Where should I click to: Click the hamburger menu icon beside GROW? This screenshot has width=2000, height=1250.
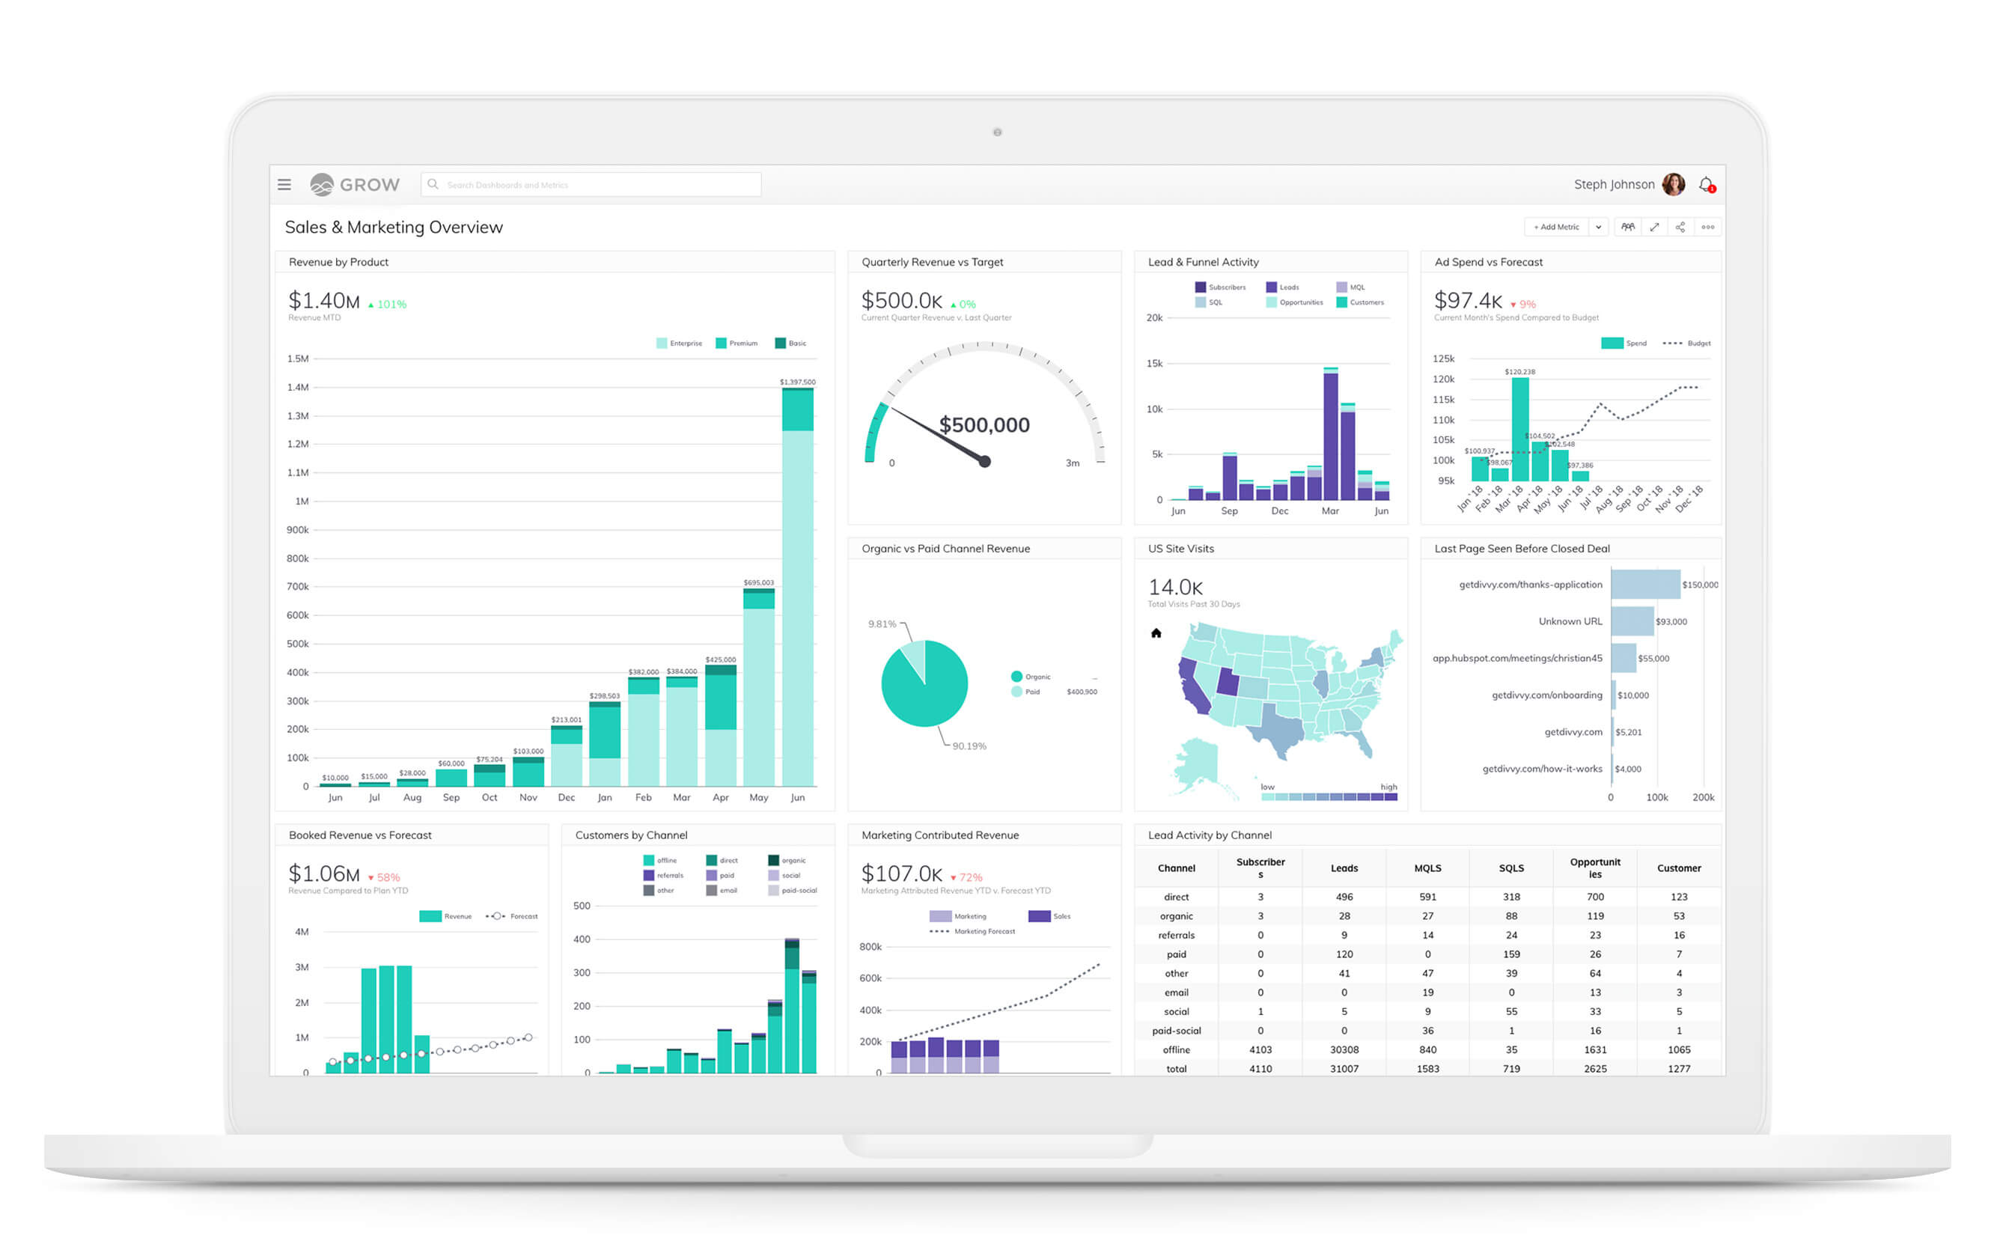tap(284, 184)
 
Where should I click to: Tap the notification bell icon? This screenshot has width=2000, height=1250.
tap(1706, 184)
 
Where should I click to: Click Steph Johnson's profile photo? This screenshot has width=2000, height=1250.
tap(1673, 184)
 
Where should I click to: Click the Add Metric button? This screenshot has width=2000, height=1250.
tap(1555, 227)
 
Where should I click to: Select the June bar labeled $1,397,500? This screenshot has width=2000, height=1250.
tap(797, 587)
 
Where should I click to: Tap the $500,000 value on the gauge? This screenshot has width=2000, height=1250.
tap(984, 425)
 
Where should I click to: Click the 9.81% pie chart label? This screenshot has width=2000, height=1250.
tap(882, 624)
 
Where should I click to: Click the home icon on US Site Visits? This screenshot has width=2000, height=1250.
tap(1156, 633)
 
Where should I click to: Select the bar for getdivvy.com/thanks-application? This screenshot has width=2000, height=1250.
tap(1644, 585)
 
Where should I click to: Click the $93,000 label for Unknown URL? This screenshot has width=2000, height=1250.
tap(1671, 622)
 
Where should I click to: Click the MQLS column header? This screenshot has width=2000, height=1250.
tap(1427, 868)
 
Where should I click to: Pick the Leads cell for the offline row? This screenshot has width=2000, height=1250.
tap(1344, 1049)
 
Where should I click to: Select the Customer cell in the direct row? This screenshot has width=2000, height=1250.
tap(1678, 896)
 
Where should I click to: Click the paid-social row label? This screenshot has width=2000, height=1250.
tap(1176, 1030)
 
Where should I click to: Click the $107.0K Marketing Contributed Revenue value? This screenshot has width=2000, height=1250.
tap(901, 874)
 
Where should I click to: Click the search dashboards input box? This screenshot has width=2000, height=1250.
tap(591, 184)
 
